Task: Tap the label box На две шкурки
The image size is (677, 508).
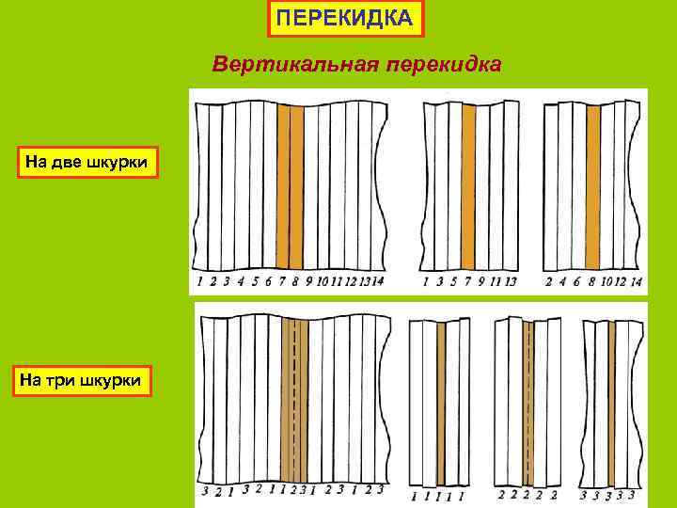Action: [87, 162]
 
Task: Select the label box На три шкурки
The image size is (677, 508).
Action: [82, 380]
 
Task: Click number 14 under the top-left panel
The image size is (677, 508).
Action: [378, 280]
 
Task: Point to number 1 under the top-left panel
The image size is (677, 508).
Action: [200, 280]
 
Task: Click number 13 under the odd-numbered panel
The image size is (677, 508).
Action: [511, 280]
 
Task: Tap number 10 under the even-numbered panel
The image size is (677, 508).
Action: [606, 280]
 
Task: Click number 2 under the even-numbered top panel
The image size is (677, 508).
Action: [549, 280]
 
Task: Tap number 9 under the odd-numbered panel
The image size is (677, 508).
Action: [481, 280]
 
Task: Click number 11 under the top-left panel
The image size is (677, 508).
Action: [336, 280]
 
